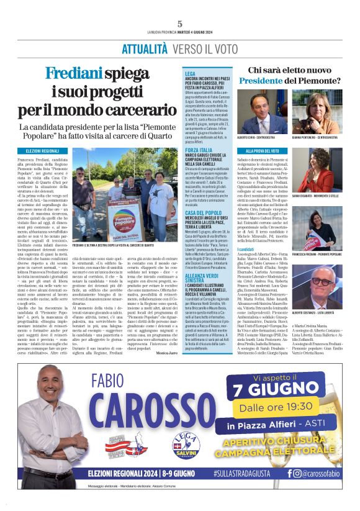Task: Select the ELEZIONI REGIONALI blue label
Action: [42, 151]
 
